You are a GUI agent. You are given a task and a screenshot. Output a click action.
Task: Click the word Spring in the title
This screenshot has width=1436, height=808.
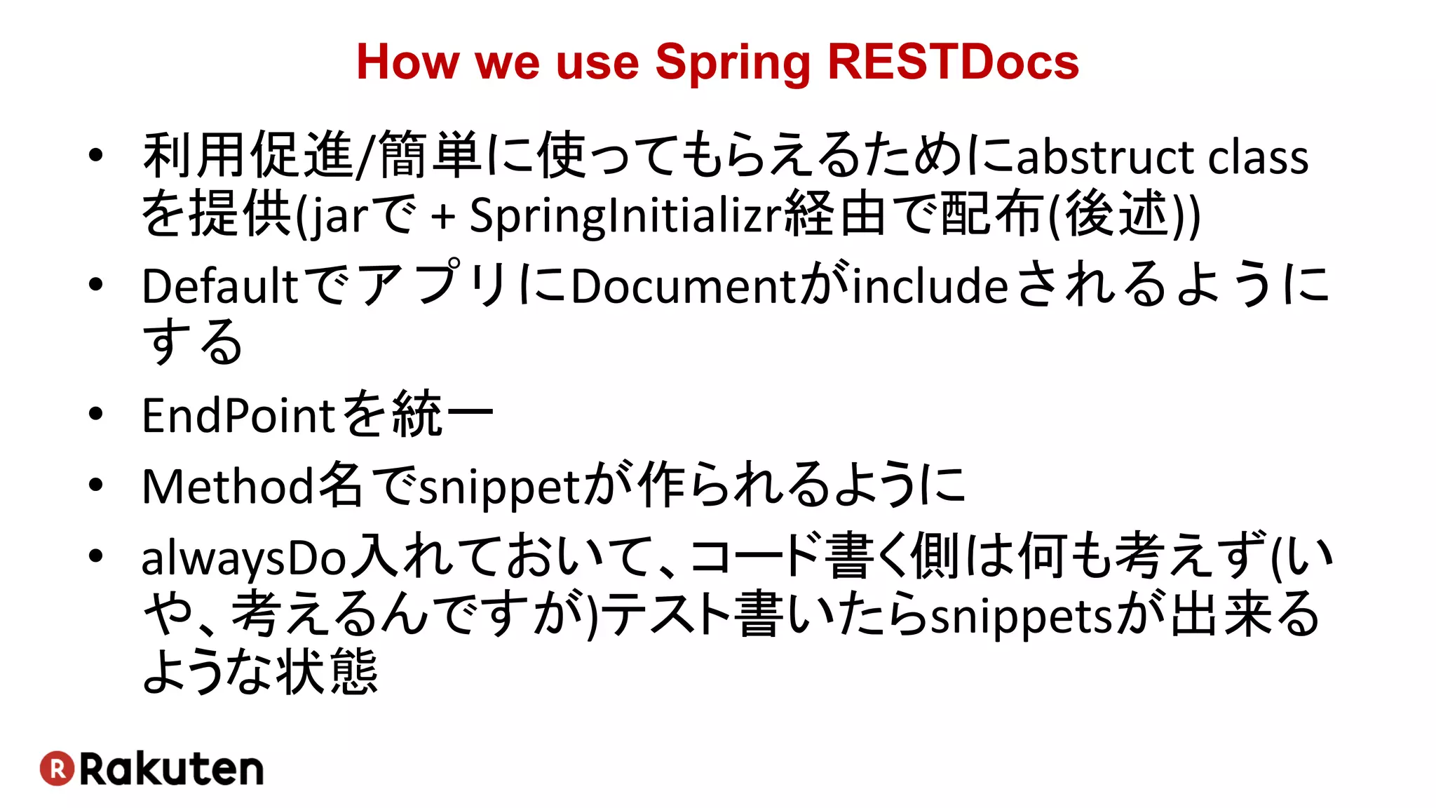tap(733, 63)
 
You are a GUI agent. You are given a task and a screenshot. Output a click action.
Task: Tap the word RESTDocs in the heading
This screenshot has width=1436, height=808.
tap(953, 62)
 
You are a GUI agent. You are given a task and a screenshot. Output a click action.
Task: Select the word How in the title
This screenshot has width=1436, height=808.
tap(407, 62)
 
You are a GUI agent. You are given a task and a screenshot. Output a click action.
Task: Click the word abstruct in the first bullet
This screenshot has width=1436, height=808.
tap(1104, 156)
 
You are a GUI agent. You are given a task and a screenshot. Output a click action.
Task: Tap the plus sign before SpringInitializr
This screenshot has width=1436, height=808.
tap(443, 216)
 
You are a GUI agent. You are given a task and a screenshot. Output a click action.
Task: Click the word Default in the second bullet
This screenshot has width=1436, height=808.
tap(220, 286)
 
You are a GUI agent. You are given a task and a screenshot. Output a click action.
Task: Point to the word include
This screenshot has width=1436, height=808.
tap(930, 286)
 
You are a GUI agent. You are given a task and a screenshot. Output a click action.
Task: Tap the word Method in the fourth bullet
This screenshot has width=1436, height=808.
tap(228, 486)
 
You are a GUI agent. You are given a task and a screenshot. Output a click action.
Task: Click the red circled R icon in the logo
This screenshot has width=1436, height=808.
tap(57, 769)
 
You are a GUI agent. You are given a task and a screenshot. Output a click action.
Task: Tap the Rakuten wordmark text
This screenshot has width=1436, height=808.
tap(171, 769)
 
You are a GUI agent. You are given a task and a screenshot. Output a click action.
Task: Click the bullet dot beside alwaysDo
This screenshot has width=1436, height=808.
tap(96, 556)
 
